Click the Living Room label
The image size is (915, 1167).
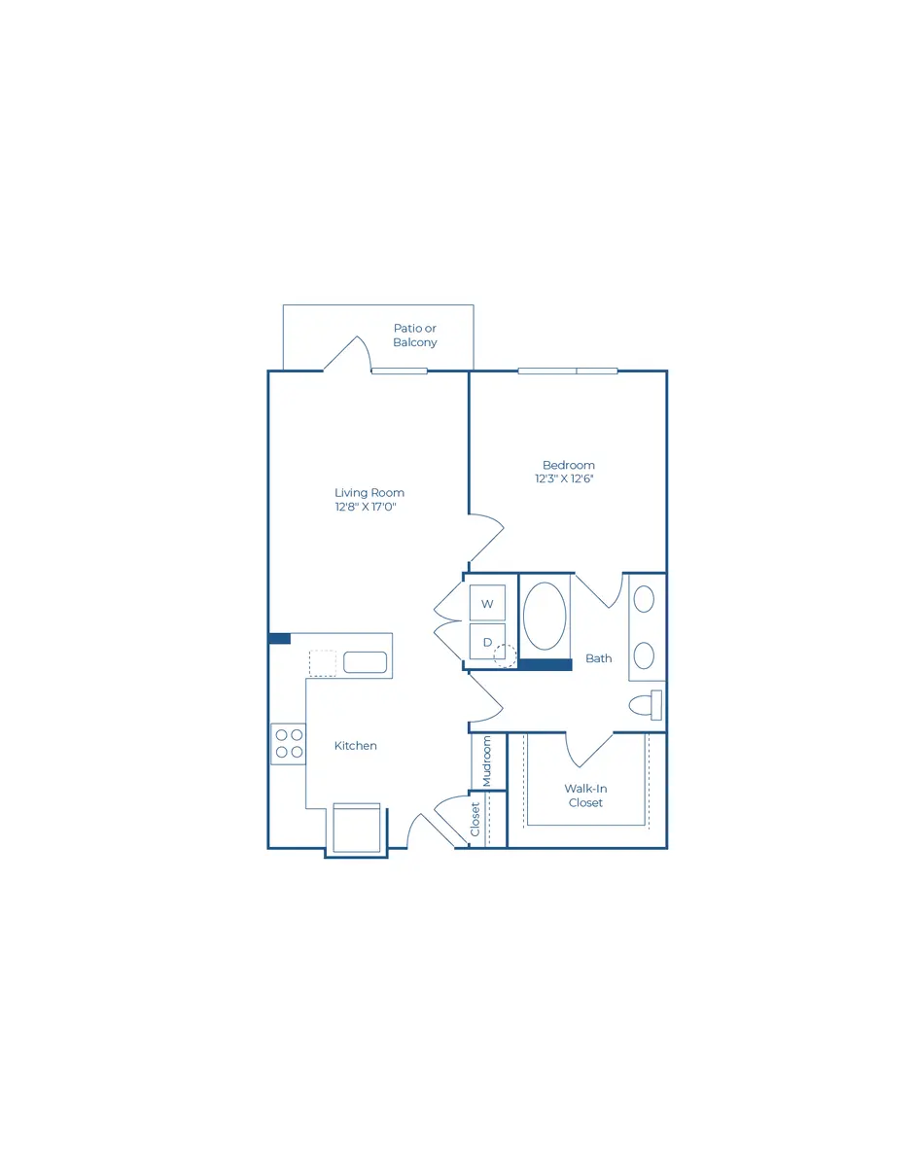tap(369, 492)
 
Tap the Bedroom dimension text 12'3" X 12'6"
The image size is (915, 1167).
tap(564, 478)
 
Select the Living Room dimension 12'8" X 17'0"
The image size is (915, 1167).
tap(366, 507)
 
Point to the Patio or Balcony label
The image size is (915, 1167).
tap(414, 336)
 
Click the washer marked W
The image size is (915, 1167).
tap(487, 603)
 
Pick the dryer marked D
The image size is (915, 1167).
tap(487, 641)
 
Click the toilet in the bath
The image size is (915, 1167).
tap(645, 705)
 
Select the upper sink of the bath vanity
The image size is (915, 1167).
tap(644, 599)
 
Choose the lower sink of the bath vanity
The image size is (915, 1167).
tap(644, 655)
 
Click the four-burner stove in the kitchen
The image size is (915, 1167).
tap(289, 744)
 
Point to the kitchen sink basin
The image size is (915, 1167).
tap(366, 662)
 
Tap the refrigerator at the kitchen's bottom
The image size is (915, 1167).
tap(357, 828)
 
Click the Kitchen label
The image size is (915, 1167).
tap(356, 745)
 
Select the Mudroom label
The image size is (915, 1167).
tap(487, 761)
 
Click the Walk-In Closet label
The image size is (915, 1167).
tap(585, 796)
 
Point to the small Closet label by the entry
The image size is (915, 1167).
tap(475, 819)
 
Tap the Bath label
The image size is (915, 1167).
tap(599, 658)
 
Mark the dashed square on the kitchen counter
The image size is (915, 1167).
tap(323, 662)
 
